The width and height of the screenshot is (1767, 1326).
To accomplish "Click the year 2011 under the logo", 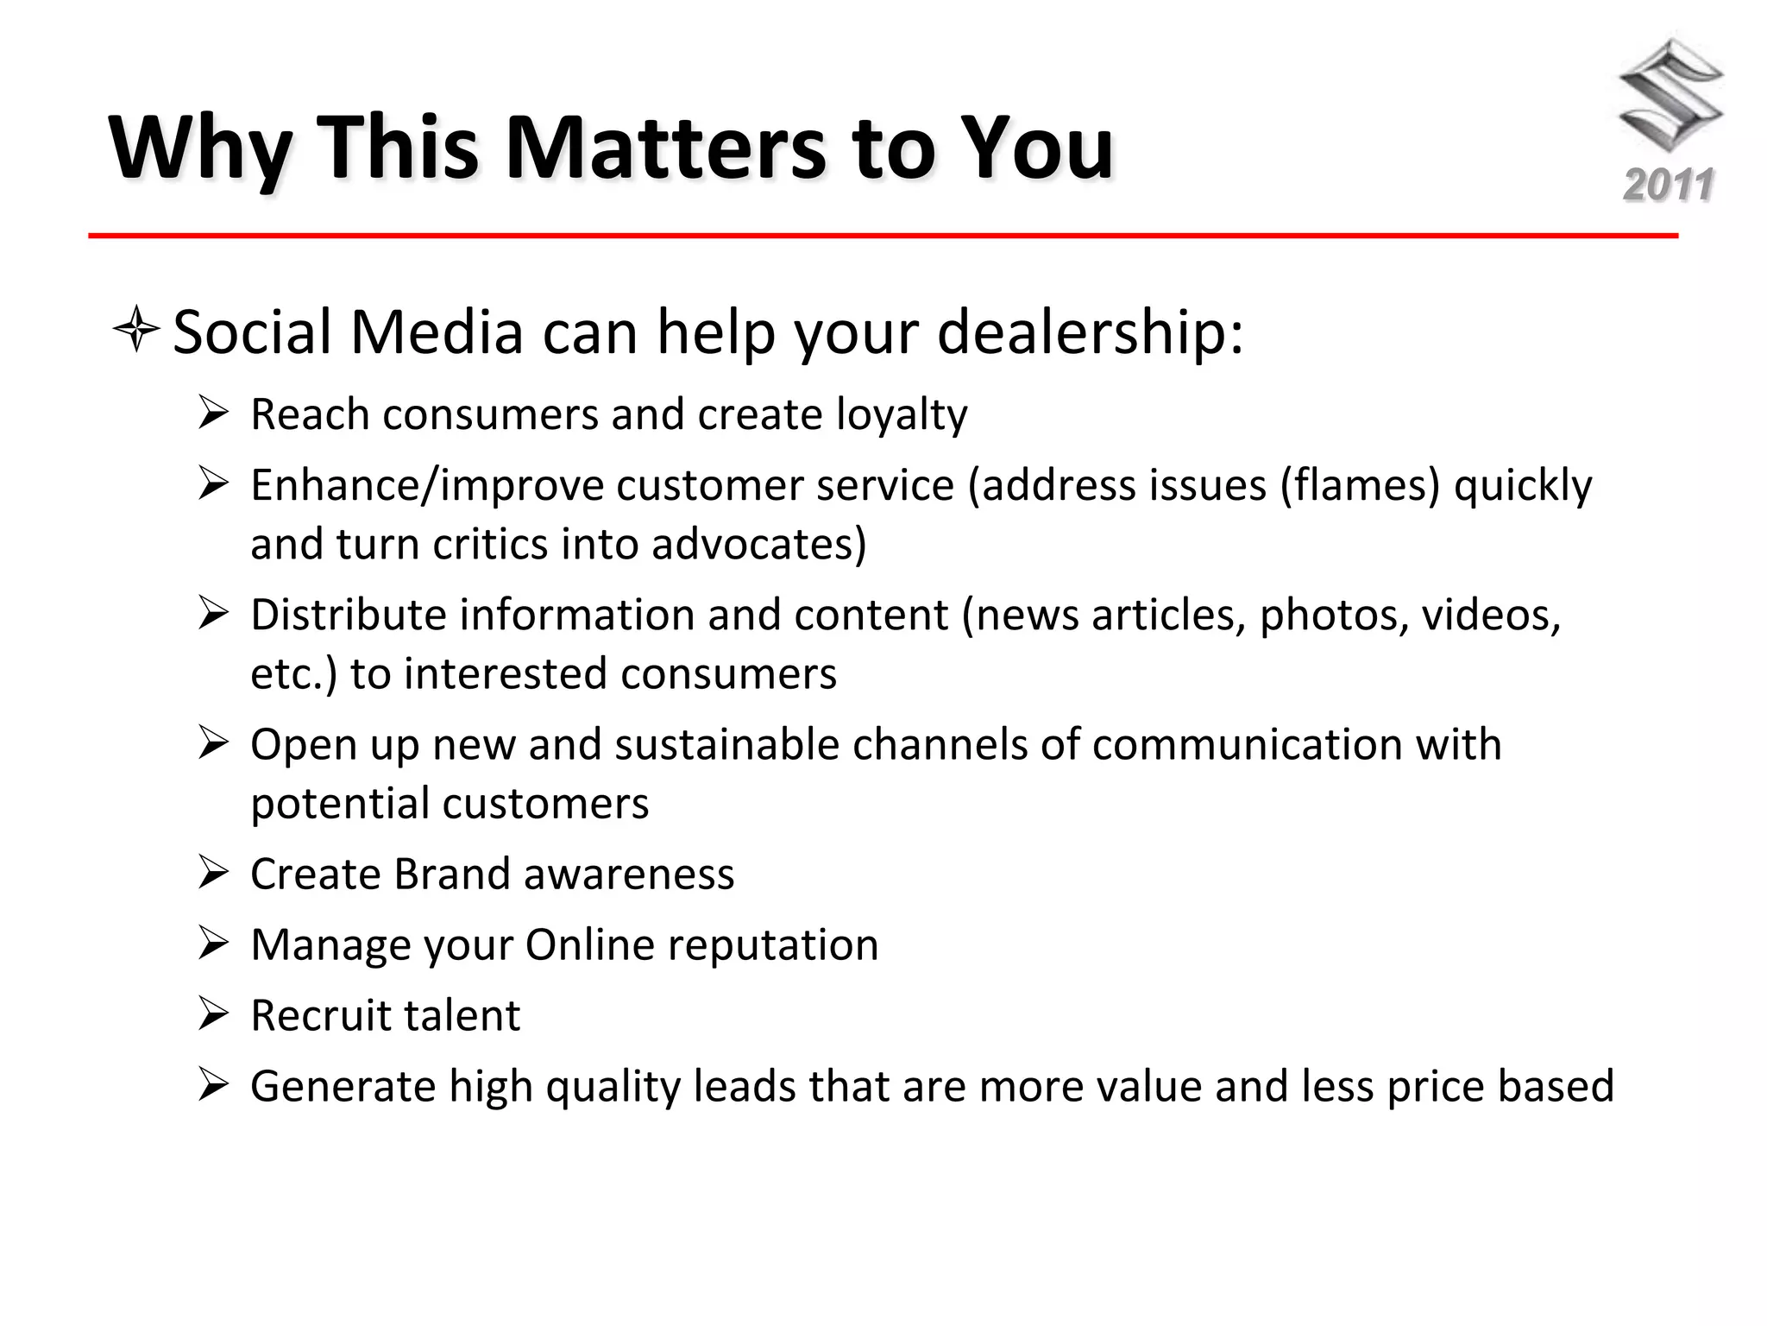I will click(x=1669, y=186).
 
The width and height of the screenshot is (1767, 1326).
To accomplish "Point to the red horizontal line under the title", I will click(x=883, y=236).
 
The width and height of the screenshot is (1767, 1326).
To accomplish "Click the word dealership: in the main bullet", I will click(x=1090, y=332).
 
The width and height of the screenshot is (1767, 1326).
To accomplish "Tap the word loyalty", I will click(x=902, y=415).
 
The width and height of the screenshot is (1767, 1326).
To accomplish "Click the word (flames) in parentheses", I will click(x=1360, y=485).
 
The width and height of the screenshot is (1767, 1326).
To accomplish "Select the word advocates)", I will click(x=759, y=545).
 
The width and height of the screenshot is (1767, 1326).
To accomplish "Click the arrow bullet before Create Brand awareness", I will click(x=212, y=872).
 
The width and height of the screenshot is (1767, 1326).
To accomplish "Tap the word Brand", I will click(x=452, y=875).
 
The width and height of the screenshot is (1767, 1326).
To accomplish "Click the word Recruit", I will click(x=318, y=1016).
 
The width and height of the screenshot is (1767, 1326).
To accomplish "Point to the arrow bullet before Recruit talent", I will click(x=212, y=1013).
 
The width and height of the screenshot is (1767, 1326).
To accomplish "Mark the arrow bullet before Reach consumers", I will click(x=212, y=413).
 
